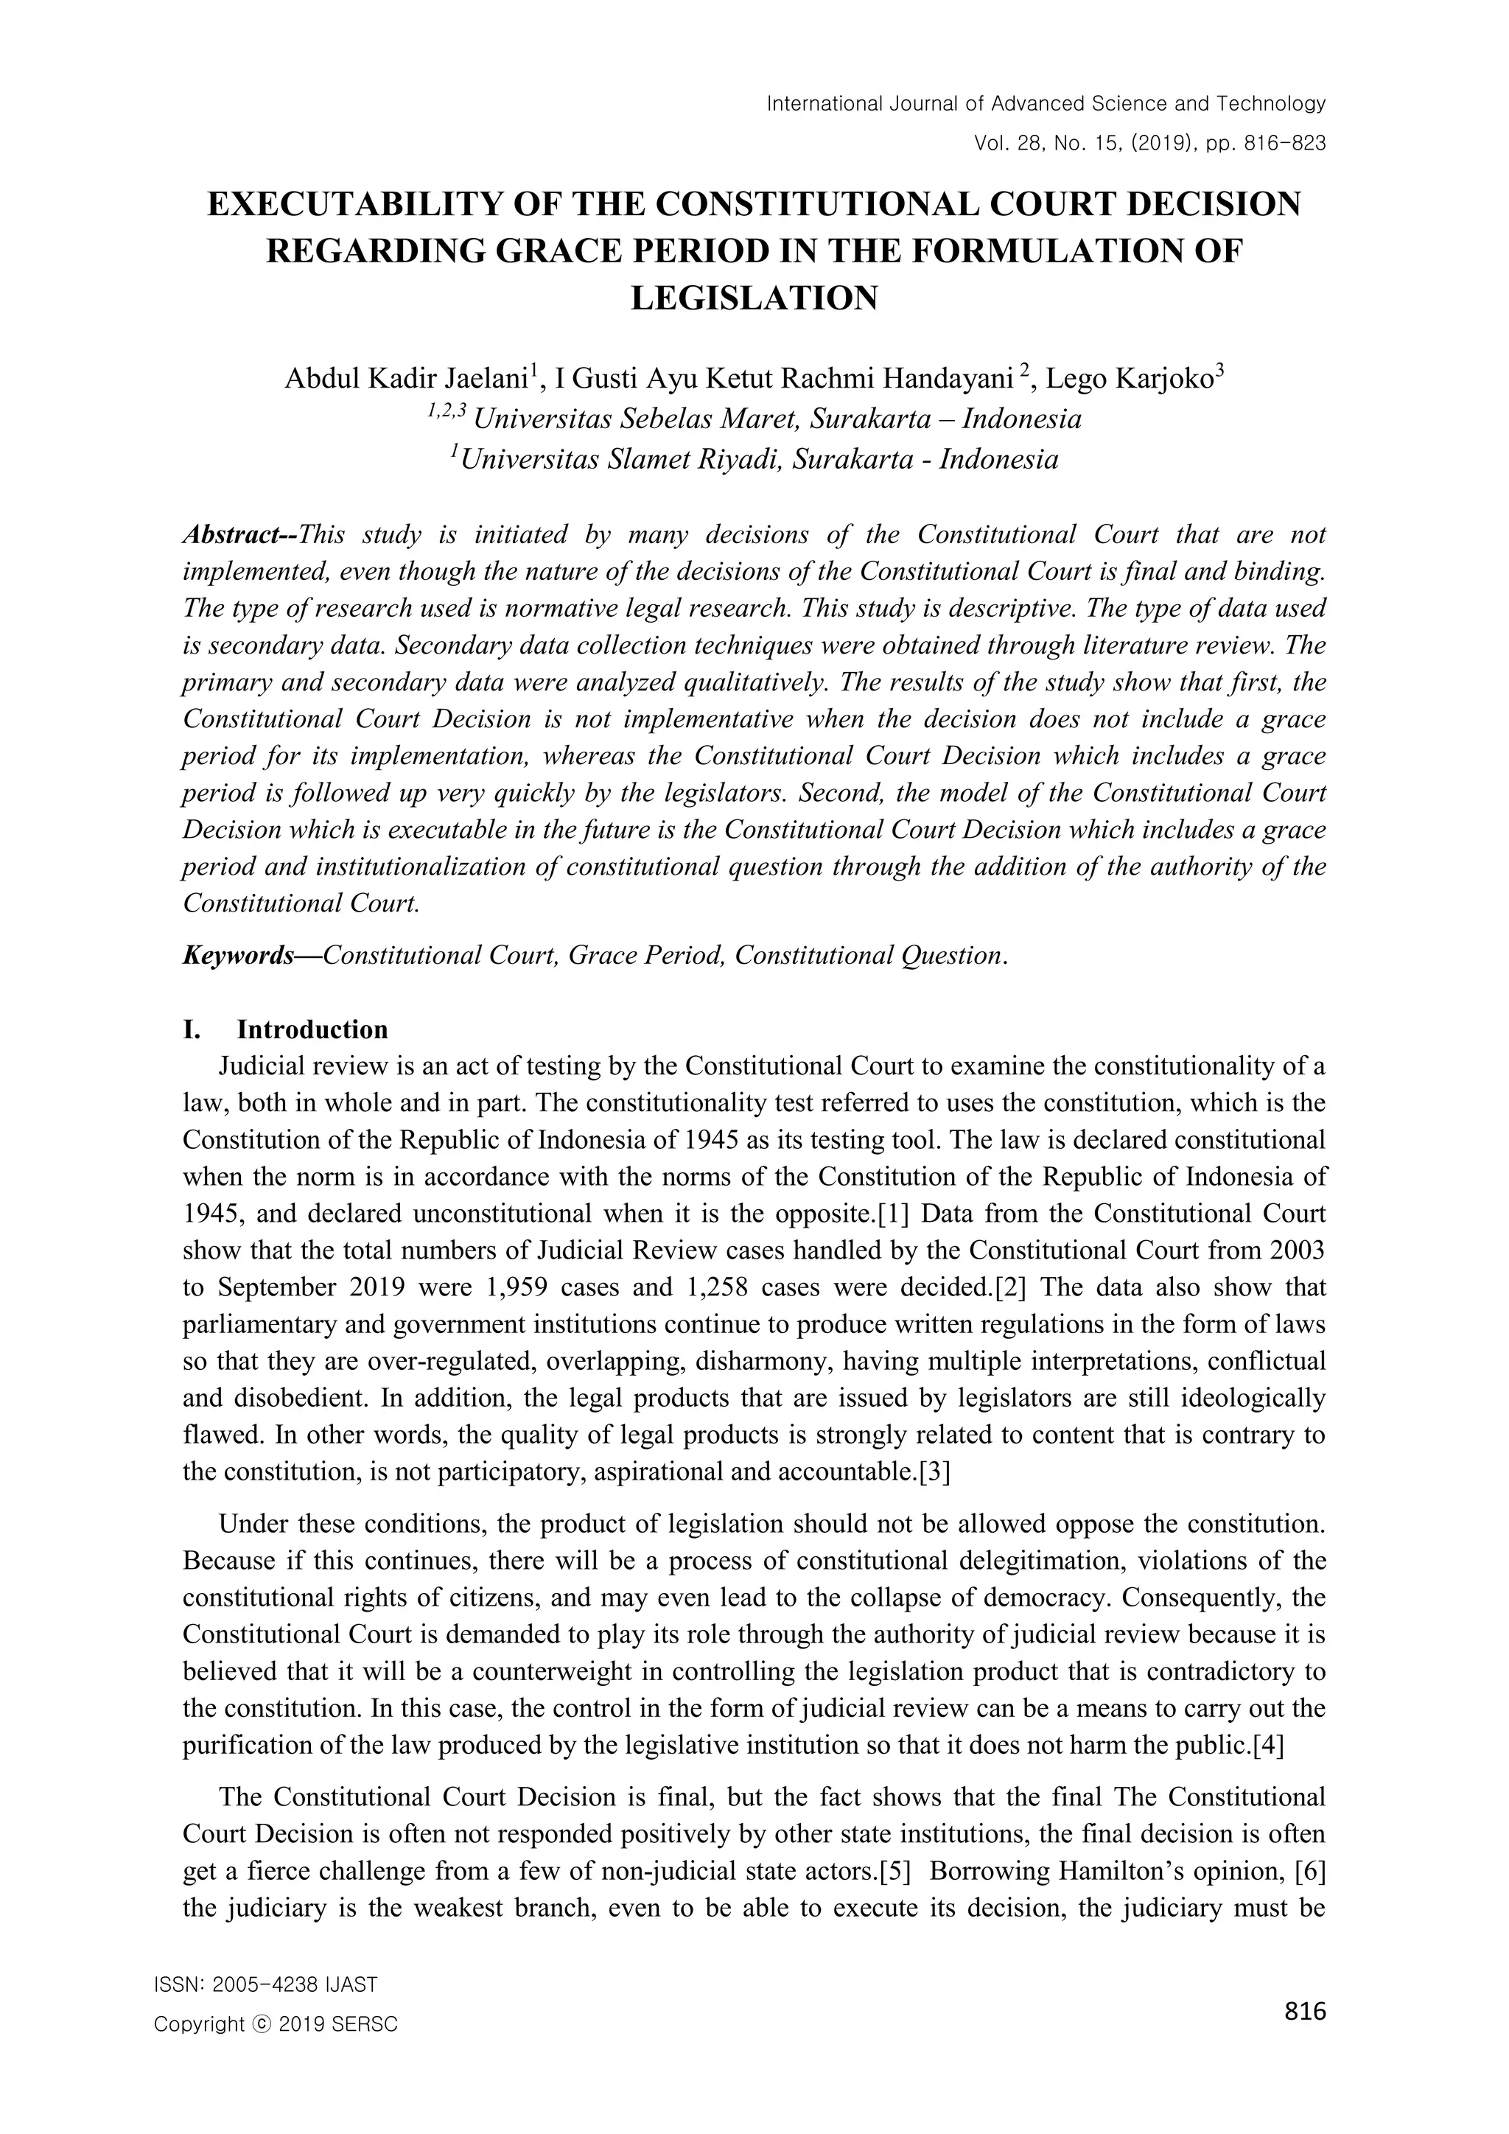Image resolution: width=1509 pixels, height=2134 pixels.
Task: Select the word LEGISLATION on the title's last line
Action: [754, 298]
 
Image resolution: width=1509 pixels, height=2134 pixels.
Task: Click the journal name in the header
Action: [1046, 103]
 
